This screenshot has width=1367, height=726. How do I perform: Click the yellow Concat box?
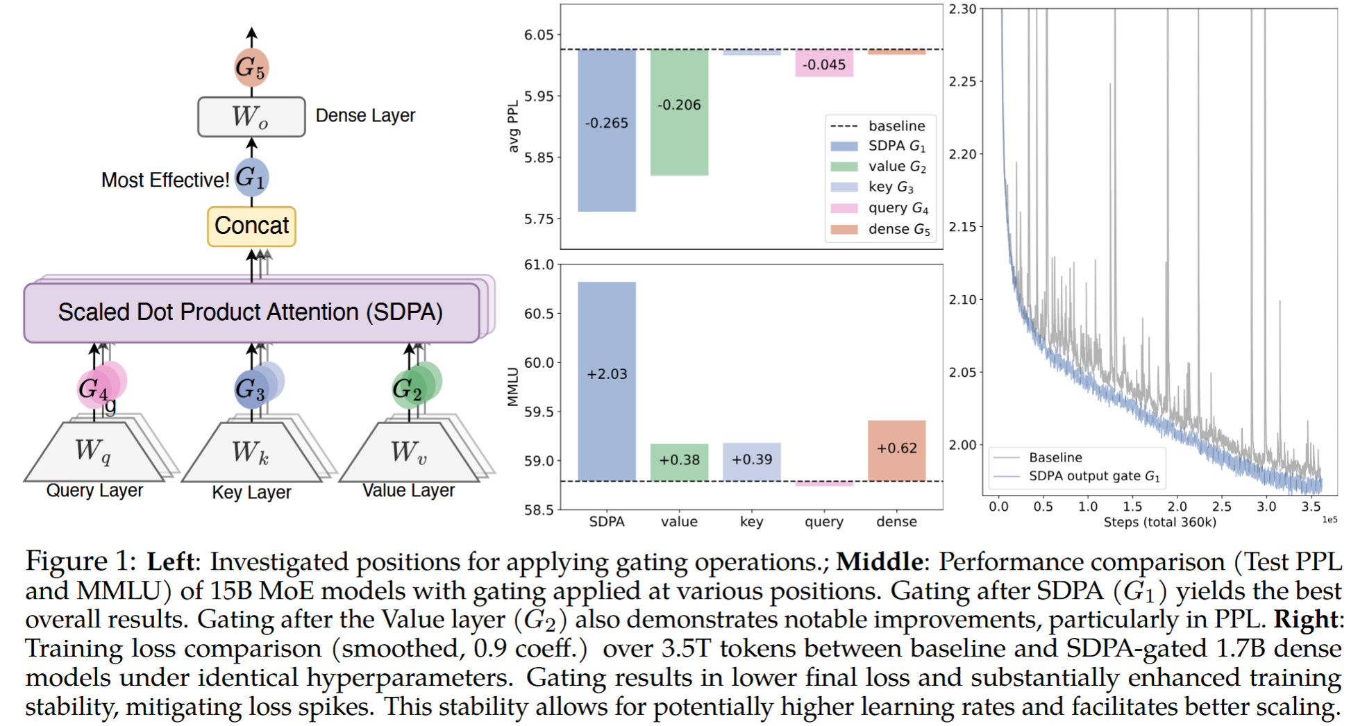[x=251, y=226]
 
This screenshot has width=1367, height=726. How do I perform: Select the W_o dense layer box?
[x=251, y=117]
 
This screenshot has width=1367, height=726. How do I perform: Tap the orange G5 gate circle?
[x=251, y=67]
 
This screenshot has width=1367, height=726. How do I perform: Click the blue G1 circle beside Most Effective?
[x=251, y=178]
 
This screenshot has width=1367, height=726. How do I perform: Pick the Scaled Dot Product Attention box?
[x=251, y=312]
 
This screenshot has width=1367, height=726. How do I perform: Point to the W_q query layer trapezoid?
[x=94, y=452]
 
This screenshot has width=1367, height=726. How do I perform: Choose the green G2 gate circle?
[x=410, y=389]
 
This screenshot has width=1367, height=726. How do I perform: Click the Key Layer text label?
[x=251, y=492]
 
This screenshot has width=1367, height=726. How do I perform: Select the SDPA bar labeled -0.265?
[x=607, y=130]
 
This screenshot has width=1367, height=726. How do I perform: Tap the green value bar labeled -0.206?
[x=679, y=112]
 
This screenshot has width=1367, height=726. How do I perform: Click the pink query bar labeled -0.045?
[x=824, y=63]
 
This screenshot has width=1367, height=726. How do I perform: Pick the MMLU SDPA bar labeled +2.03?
[x=607, y=382]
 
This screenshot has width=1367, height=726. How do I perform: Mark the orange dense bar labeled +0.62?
[x=896, y=450]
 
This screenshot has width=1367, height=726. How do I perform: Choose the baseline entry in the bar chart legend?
[x=878, y=126]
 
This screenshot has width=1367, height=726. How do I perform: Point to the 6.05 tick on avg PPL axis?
[x=539, y=35]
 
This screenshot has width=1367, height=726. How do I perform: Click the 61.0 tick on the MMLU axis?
[x=539, y=264]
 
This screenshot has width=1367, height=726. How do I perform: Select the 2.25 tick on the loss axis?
[x=963, y=81]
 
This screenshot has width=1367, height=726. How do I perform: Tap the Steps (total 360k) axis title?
[x=1160, y=522]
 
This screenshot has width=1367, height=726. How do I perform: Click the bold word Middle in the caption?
[x=880, y=561]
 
